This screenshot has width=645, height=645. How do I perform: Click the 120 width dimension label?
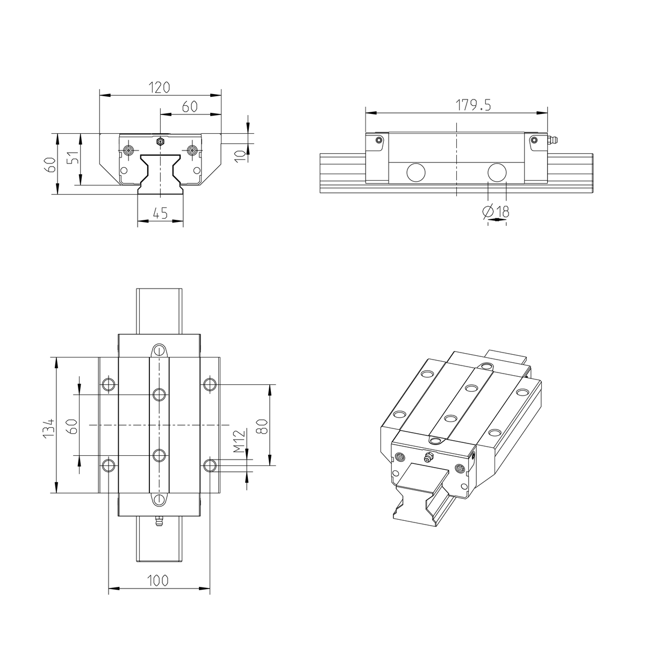click(160, 87)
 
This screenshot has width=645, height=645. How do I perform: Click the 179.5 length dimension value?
click(474, 105)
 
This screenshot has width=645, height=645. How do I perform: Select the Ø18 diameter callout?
click(496, 212)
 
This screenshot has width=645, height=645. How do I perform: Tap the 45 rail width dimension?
click(160, 213)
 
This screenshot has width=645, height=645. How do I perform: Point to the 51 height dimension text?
click(74, 159)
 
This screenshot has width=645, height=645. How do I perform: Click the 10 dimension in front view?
click(241, 155)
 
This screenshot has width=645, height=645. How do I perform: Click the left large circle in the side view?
click(415, 173)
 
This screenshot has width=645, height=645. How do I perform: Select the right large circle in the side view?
click(497, 173)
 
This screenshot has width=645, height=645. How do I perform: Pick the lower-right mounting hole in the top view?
click(210, 465)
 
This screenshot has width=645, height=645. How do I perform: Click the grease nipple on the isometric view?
click(428, 457)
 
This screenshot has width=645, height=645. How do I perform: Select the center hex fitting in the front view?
click(160, 142)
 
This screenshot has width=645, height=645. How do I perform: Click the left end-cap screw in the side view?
click(379, 140)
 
